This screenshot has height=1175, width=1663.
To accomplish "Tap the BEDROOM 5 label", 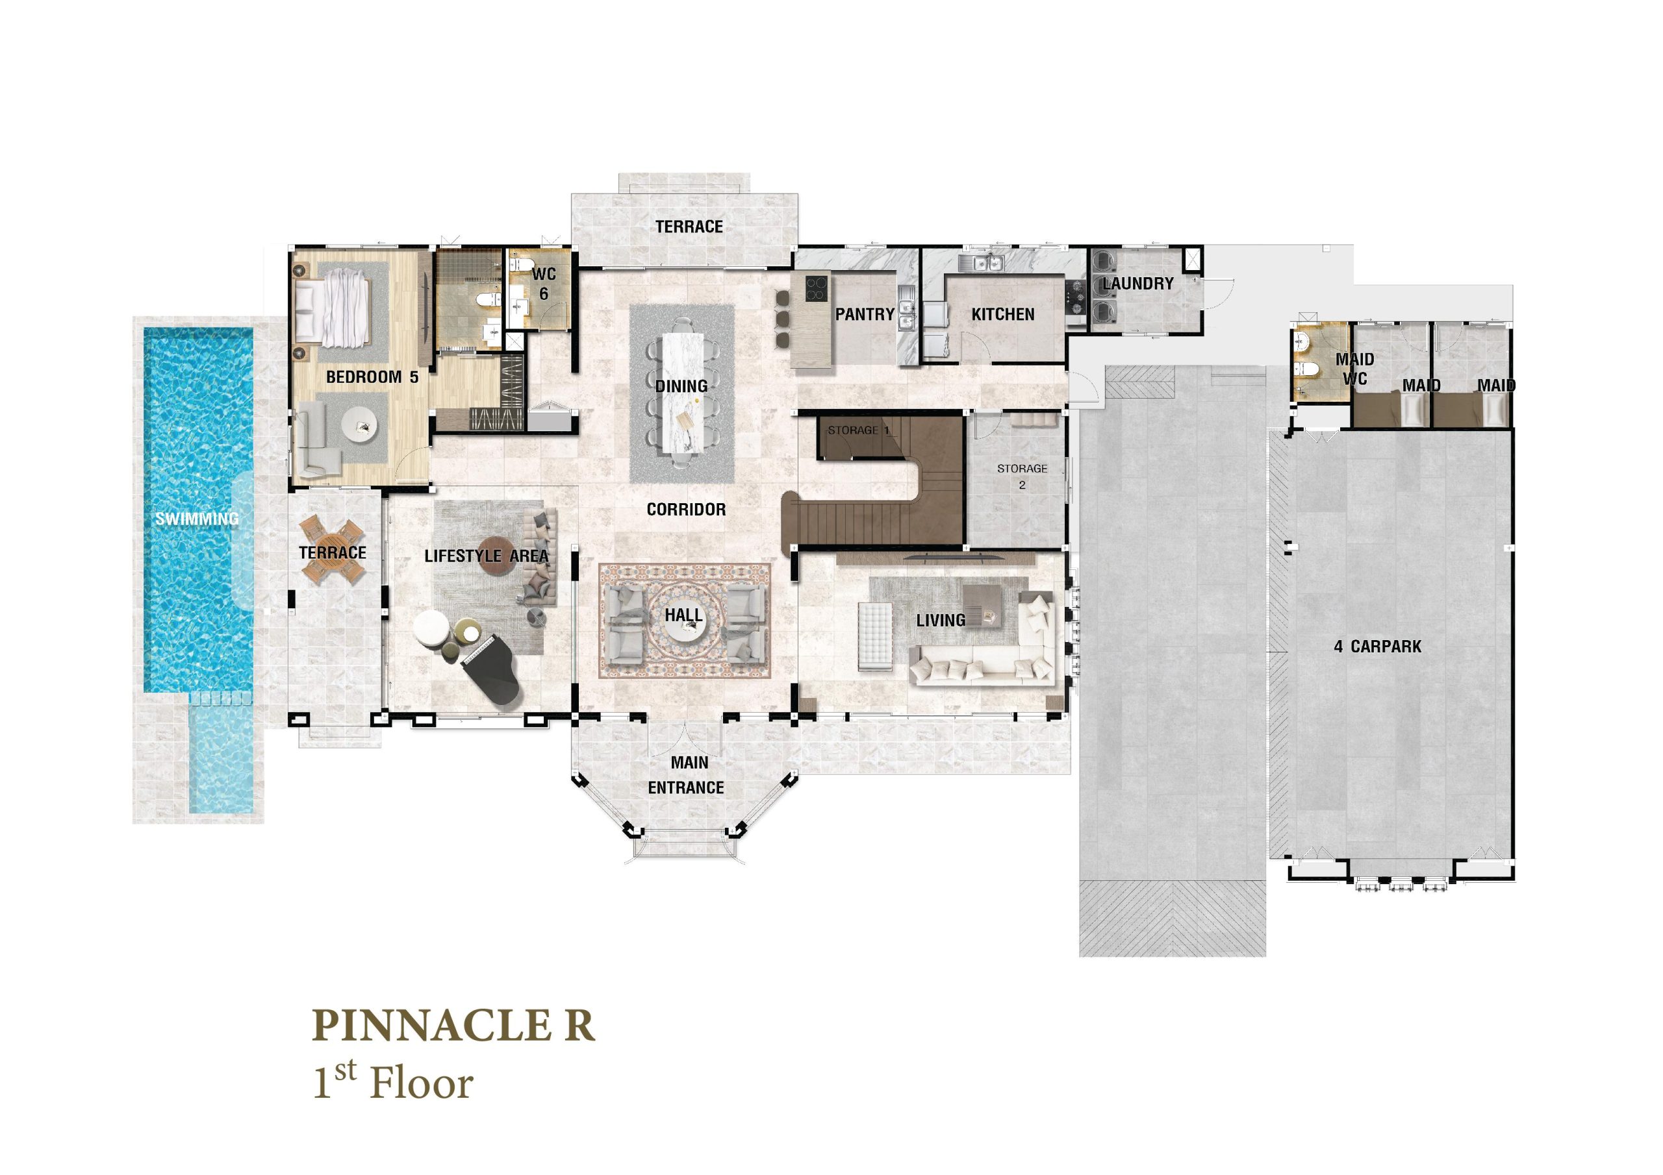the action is tap(372, 377).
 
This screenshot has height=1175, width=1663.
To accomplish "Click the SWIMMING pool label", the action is tap(197, 519).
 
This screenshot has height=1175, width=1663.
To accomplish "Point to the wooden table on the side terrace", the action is tap(333, 550).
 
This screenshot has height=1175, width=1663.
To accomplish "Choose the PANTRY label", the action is tap(865, 314).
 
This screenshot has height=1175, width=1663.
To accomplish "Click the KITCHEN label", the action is tap(1003, 314).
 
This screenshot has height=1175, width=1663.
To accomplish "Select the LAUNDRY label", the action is tap(1138, 284).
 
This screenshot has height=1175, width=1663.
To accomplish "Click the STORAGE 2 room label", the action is tap(1022, 476).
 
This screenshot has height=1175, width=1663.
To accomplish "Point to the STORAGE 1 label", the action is tap(859, 430).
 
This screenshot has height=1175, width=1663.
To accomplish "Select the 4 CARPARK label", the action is tap(1378, 646).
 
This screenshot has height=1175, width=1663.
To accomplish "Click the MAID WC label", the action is tap(1355, 369).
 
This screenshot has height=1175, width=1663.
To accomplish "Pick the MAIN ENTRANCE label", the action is tap(687, 774).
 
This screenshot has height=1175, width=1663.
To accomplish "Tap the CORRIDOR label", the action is tap(686, 510).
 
